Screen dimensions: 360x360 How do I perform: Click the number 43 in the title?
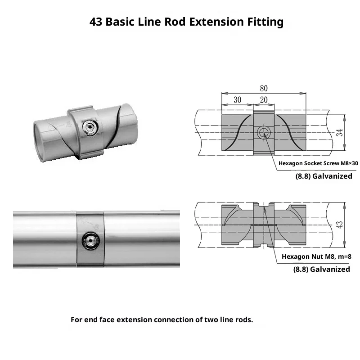pyautogui.click(x=96, y=22)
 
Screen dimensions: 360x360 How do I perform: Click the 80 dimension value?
pyautogui.click(x=264, y=88)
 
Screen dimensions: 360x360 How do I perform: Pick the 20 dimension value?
pyautogui.click(x=264, y=100)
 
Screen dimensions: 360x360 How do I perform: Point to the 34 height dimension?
pyautogui.click(x=340, y=132)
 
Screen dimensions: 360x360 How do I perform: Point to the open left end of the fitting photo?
pyautogui.click(x=40, y=142)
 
